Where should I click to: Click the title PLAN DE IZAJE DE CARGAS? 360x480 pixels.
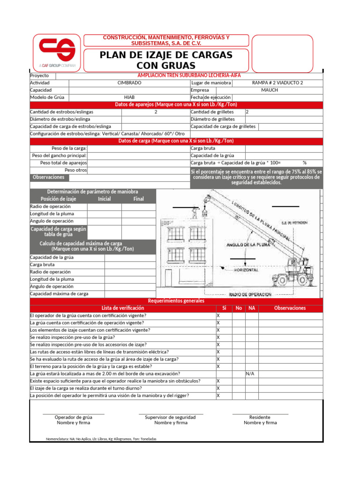point(166,55)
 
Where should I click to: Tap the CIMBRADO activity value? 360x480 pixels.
point(129,82)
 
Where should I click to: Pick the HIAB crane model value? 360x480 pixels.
point(129,97)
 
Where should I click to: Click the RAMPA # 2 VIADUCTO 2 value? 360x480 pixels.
point(277,82)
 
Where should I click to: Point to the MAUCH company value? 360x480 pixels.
point(270,90)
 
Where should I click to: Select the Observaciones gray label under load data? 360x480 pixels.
point(48,177)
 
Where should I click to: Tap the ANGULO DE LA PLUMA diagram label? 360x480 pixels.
point(247,245)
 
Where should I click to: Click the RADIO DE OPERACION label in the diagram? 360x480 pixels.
point(250,294)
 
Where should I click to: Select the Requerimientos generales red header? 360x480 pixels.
point(176,300)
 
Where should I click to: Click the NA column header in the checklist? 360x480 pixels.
point(252,308)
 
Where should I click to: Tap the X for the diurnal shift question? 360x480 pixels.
point(218,388)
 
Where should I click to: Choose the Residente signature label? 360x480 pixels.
point(260,417)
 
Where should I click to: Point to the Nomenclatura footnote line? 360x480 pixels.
point(101,439)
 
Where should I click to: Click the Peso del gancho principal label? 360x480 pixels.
point(59,156)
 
